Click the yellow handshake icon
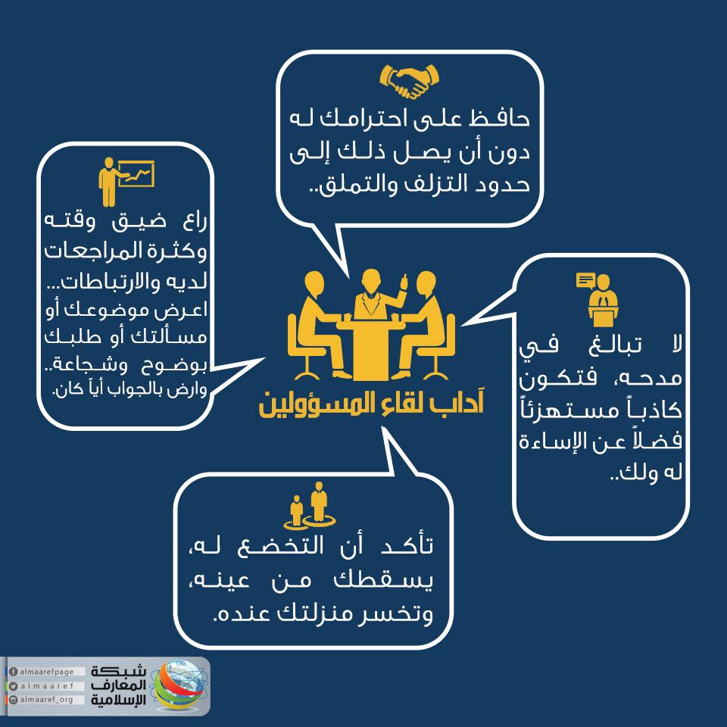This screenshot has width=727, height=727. click(x=409, y=81)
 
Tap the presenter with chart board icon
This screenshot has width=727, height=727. click(x=126, y=182)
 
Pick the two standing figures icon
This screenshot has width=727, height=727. click(x=309, y=506)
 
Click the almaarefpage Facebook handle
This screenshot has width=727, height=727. click(x=46, y=672)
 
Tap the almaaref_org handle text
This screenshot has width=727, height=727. click(x=46, y=699)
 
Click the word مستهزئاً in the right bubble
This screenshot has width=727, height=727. click(x=569, y=410)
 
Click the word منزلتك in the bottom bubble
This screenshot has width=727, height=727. click(x=317, y=614)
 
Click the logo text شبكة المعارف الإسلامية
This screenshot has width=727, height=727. click(x=118, y=685)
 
